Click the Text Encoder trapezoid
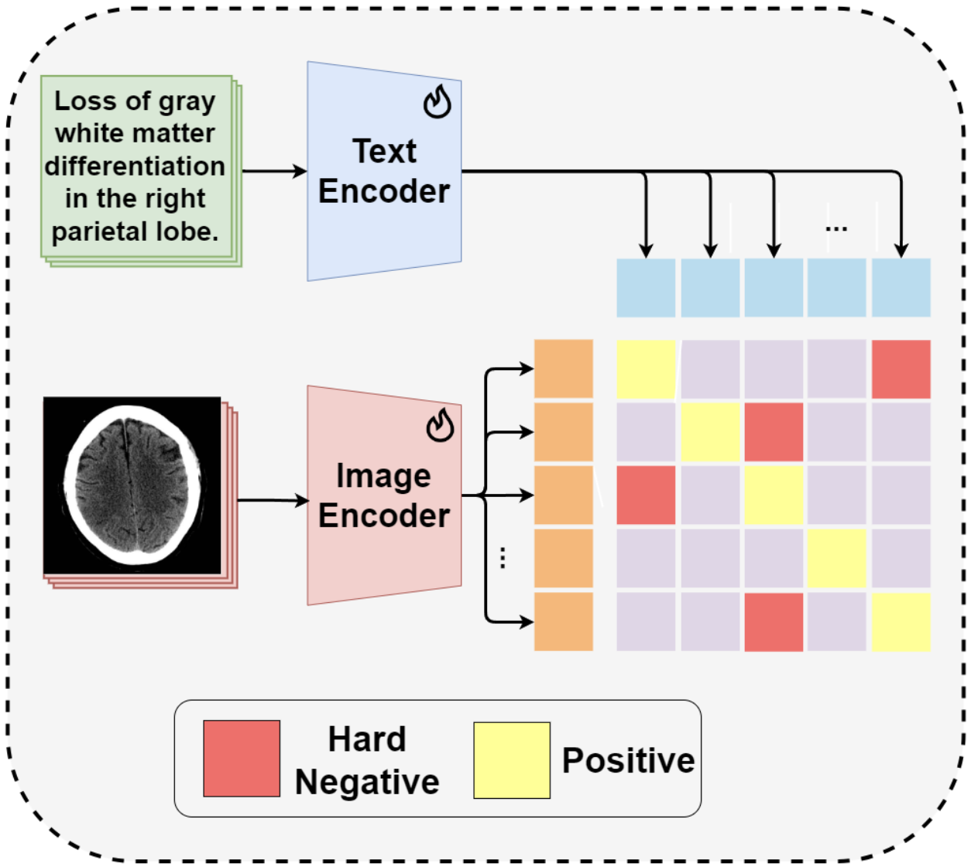click(x=384, y=172)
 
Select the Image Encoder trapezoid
click(x=384, y=495)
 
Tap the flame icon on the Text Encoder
click(x=437, y=102)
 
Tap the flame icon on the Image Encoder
click(x=440, y=426)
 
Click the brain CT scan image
click(x=132, y=486)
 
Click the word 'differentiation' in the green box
click(x=135, y=166)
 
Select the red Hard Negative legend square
click(x=242, y=759)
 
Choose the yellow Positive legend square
click(x=512, y=760)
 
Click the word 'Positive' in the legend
click(x=628, y=760)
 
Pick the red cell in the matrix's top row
click(x=901, y=369)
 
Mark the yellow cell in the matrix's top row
click(x=646, y=369)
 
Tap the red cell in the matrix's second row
click(x=774, y=432)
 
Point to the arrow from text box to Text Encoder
click(x=275, y=171)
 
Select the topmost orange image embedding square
click(x=564, y=369)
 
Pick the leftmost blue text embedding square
click(x=646, y=288)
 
